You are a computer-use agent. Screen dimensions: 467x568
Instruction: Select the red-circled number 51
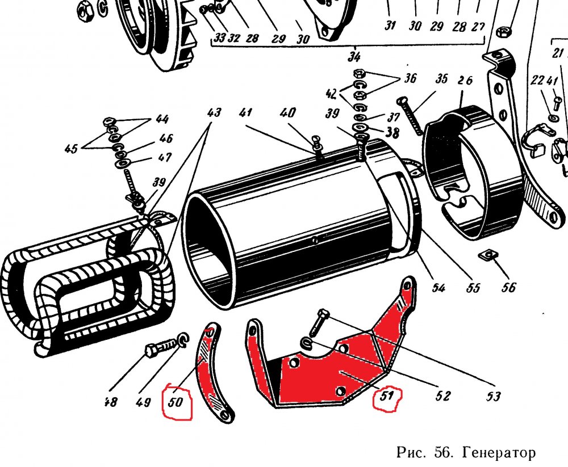[x=387, y=397]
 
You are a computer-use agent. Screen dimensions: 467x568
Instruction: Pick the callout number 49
[x=143, y=402]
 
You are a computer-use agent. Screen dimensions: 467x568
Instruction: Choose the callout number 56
[x=509, y=288]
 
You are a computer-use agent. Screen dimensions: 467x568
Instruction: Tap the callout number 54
[x=438, y=288]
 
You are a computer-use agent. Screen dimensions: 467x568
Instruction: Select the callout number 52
[x=442, y=396]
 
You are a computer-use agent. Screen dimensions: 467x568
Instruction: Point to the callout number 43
[x=214, y=112]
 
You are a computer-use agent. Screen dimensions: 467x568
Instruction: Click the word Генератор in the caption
[x=499, y=453]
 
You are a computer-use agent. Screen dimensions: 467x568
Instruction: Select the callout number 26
[x=465, y=81]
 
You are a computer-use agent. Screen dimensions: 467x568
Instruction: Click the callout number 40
[x=289, y=112]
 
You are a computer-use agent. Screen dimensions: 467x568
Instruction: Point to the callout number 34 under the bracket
[x=355, y=56]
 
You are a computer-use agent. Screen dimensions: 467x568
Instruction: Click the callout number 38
[x=392, y=132]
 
